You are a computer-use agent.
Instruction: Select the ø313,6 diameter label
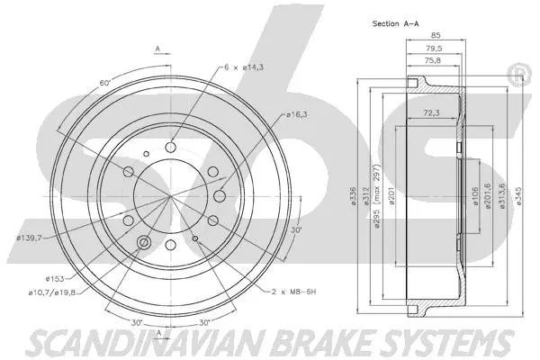(x=503, y=190)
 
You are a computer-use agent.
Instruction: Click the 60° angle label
(x=104, y=83)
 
